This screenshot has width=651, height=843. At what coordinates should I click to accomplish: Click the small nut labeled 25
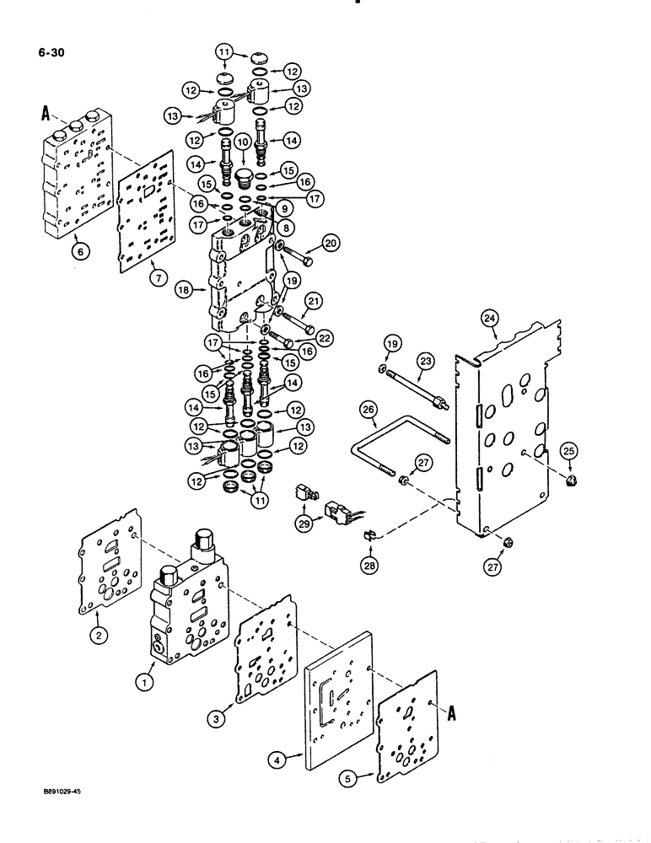(571, 482)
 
